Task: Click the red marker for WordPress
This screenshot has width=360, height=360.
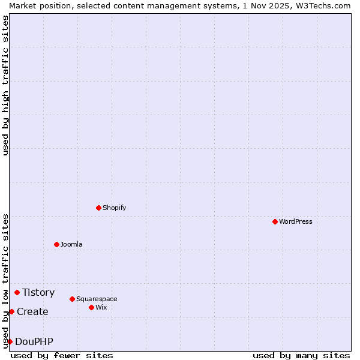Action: click(x=275, y=221)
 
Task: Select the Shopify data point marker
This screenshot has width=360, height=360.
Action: click(x=98, y=208)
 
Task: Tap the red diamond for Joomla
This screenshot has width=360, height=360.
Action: click(x=56, y=244)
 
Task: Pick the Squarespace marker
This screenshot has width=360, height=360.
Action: click(x=72, y=299)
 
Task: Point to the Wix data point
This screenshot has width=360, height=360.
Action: click(x=91, y=307)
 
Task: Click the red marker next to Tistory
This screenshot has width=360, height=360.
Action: click(x=17, y=292)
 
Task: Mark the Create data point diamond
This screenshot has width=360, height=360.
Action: click(x=11, y=311)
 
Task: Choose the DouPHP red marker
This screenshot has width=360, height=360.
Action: click(x=10, y=341)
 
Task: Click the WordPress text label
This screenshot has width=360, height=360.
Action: click(x=296, y=221)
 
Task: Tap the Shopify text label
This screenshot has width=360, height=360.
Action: click(x=115, y=208)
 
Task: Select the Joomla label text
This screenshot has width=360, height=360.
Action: click(x=71, y=244)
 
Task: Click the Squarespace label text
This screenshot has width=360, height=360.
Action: click(x=97, y=299)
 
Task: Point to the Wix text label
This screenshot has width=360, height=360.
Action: click(x=101, y=307)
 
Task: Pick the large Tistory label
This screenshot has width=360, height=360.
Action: click(x=38, y=292)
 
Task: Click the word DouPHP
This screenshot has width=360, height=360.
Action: click(x=34, y=341)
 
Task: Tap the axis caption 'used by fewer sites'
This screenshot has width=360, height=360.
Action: click(x=62, y=355)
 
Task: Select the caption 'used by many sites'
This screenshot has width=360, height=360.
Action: click(x=301, y=355)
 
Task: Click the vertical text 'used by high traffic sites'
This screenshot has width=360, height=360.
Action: click(x=5, y=86)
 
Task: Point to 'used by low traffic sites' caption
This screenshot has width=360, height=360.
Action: click(x=5, y=281)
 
